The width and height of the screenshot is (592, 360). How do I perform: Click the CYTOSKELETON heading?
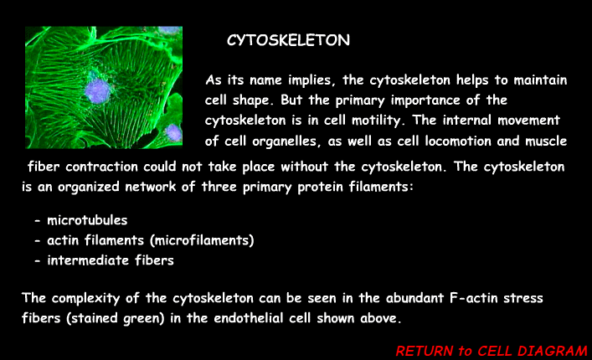click(288, 40)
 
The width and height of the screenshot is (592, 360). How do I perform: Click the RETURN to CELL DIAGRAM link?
click(492, 350)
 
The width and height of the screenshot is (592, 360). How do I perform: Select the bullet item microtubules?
click(87, 220)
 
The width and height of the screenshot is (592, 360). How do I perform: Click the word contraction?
click(114, 166)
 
